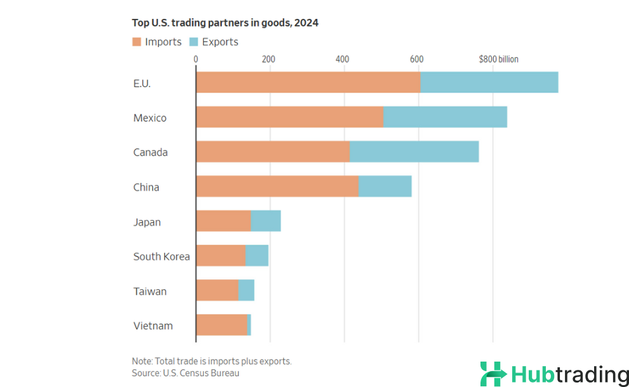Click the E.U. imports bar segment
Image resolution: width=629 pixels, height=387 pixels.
[x=308, y=83]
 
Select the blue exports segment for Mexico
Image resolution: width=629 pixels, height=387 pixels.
[x=445, y=118]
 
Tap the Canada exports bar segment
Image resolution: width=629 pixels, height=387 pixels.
[x=414, y=153]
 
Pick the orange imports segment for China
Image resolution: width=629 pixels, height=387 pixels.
[x=277, y=187]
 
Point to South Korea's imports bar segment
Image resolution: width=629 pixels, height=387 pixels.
[x=221, y=256]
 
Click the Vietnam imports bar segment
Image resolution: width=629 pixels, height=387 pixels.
[x=222, y=325]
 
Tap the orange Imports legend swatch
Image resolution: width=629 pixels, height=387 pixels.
[x=136, y=42]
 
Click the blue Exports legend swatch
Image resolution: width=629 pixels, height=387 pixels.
[x=192, y=42]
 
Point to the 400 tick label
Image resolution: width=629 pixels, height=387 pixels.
[x=343, y=59]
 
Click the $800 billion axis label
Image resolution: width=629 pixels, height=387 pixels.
[x=498, y=59]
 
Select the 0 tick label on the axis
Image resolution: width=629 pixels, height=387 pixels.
[x=195, y=59]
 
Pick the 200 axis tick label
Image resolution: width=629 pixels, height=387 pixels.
[x=268, y=59]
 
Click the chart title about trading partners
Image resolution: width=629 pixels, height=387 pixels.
[x=225, y=23]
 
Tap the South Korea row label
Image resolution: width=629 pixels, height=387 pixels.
[x=161, y=257]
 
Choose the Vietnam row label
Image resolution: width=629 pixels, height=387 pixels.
[x=153, y=326]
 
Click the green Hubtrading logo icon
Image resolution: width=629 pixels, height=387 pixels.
[x=493, y=374]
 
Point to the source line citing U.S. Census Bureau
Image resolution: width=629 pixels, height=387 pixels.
[x=185, y=373]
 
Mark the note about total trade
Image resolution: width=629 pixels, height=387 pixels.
[x=211, y=361]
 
